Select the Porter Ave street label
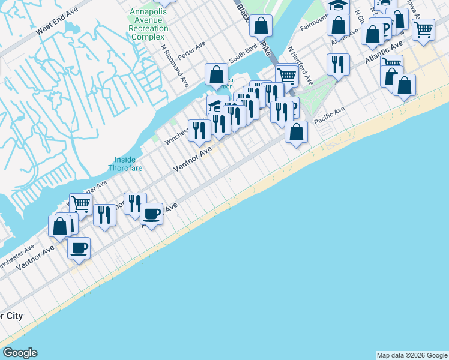(x=192, y=46)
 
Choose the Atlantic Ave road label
(x=384, y=55)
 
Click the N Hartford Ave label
(x=300, y=65)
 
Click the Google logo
(x=19, y=353)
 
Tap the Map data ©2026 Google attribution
(x=411, y=355)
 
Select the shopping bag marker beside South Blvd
(x=216, y=75)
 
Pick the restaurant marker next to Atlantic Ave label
(x=338, y=65)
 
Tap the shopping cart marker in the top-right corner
(x=424, y=29)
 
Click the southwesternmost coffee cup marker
(x=79, y=248)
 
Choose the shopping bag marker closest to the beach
(x=296, y=132)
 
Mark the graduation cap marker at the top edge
(x=338, y=6)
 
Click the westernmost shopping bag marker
(x=59, y=227)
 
